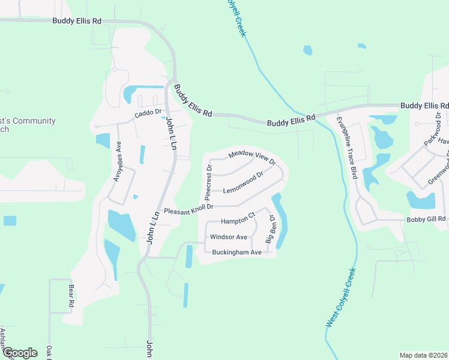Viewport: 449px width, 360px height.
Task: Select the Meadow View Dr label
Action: (252, 158)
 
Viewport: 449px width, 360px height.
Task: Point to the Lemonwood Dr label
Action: (243, 183)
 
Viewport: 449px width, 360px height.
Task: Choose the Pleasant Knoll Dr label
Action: (189, 208)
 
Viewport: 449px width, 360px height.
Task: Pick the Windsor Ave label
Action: (229, 237)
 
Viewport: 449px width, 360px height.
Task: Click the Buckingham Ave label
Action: (237, 253)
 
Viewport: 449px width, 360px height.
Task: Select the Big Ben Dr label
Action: (270, 229)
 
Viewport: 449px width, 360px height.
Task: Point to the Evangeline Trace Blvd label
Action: (346, 148)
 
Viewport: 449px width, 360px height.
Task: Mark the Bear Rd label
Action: (70, 296)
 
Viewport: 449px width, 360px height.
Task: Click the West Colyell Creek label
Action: (341, 298)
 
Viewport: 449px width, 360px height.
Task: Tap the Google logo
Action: (20, 353)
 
